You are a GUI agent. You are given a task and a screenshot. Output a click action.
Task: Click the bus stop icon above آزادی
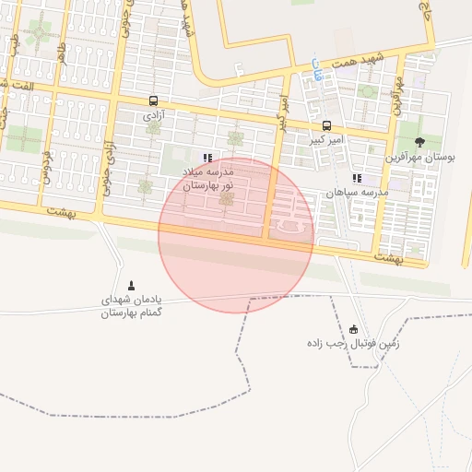[153, 101]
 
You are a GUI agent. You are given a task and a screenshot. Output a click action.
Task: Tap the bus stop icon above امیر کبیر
[326, 125]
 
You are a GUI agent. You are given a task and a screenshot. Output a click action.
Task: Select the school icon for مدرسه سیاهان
[357, 178]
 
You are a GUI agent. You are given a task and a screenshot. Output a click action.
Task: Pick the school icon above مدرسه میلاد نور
[207, 158]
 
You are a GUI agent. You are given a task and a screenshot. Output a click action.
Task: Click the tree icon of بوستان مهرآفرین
[420, 142]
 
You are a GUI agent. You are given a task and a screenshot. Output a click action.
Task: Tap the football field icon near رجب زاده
[353, 329]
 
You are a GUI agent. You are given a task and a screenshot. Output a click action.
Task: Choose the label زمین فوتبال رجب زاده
[355, 343]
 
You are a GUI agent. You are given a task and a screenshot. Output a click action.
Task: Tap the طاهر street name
[60, 53]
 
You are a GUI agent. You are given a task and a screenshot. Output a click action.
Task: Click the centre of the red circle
[236, 235]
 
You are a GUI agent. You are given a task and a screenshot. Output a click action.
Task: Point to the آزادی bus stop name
[153, 117]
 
